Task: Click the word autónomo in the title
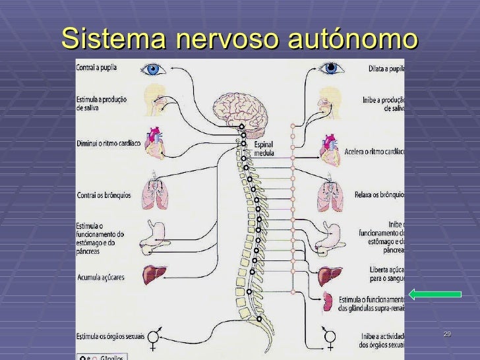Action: (353, 39)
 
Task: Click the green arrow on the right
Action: (435, 294)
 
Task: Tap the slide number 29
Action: (447, 335)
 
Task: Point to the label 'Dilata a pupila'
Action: (386, 69)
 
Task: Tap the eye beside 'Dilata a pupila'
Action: (331, 67)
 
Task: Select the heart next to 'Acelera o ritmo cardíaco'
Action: (330, 150)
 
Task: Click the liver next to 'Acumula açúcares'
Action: (156, 275)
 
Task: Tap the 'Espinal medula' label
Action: (264, 149)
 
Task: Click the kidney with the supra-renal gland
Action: (327, 302)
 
